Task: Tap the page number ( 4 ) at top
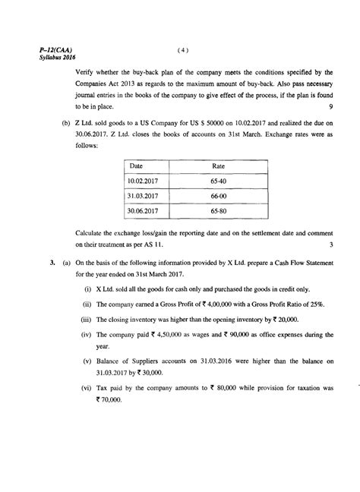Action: coord(182,51)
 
